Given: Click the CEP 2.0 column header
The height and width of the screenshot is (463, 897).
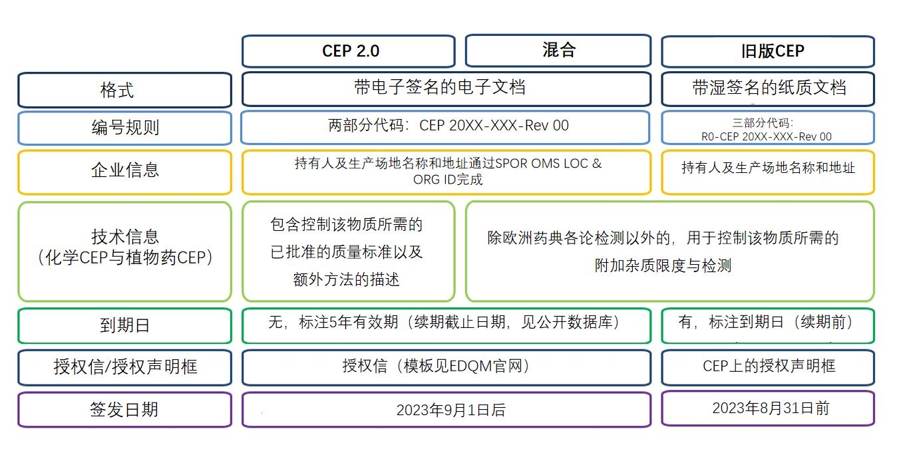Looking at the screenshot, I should coord(348,51).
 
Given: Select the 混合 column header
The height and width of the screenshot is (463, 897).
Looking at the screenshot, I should coord(558,51).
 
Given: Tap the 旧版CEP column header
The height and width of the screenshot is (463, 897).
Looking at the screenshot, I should coord(767,51).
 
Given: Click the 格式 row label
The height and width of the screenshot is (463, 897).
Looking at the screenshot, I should coord(124,90).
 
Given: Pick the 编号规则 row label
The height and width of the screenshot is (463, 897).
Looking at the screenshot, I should coord(124,127).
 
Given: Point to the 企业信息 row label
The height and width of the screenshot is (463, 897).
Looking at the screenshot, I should coord(124,171).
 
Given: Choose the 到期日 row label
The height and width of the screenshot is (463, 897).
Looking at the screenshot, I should coord(124,325).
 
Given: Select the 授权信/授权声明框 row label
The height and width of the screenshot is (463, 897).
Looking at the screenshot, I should coord(124,367).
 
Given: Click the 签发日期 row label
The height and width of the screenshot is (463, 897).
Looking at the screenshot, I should coord(124,409).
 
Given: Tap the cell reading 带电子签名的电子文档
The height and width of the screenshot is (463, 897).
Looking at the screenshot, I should coord(446,88).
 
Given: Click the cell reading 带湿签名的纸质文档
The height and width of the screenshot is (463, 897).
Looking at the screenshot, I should coord(767,88).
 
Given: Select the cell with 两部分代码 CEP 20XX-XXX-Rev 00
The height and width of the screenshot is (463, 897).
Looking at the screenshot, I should coord(446,126).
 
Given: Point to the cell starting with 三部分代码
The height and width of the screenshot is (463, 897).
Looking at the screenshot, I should coord(767,128).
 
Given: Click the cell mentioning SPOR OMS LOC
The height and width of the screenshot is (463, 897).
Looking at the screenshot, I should coord(446,172).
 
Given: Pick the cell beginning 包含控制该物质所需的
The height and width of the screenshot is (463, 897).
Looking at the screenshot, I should coord(348,251).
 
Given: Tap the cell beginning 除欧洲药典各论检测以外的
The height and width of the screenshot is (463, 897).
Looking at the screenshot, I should coord(669,251).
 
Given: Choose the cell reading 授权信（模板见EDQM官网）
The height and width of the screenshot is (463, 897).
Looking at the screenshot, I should coord(446,367).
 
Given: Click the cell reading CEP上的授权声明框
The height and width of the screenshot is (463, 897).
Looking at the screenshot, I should coord(767,366).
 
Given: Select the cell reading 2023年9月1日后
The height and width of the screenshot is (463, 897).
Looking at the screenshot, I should coord(446,410).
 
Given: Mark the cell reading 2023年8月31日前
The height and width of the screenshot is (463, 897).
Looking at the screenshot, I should coord(767,408).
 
